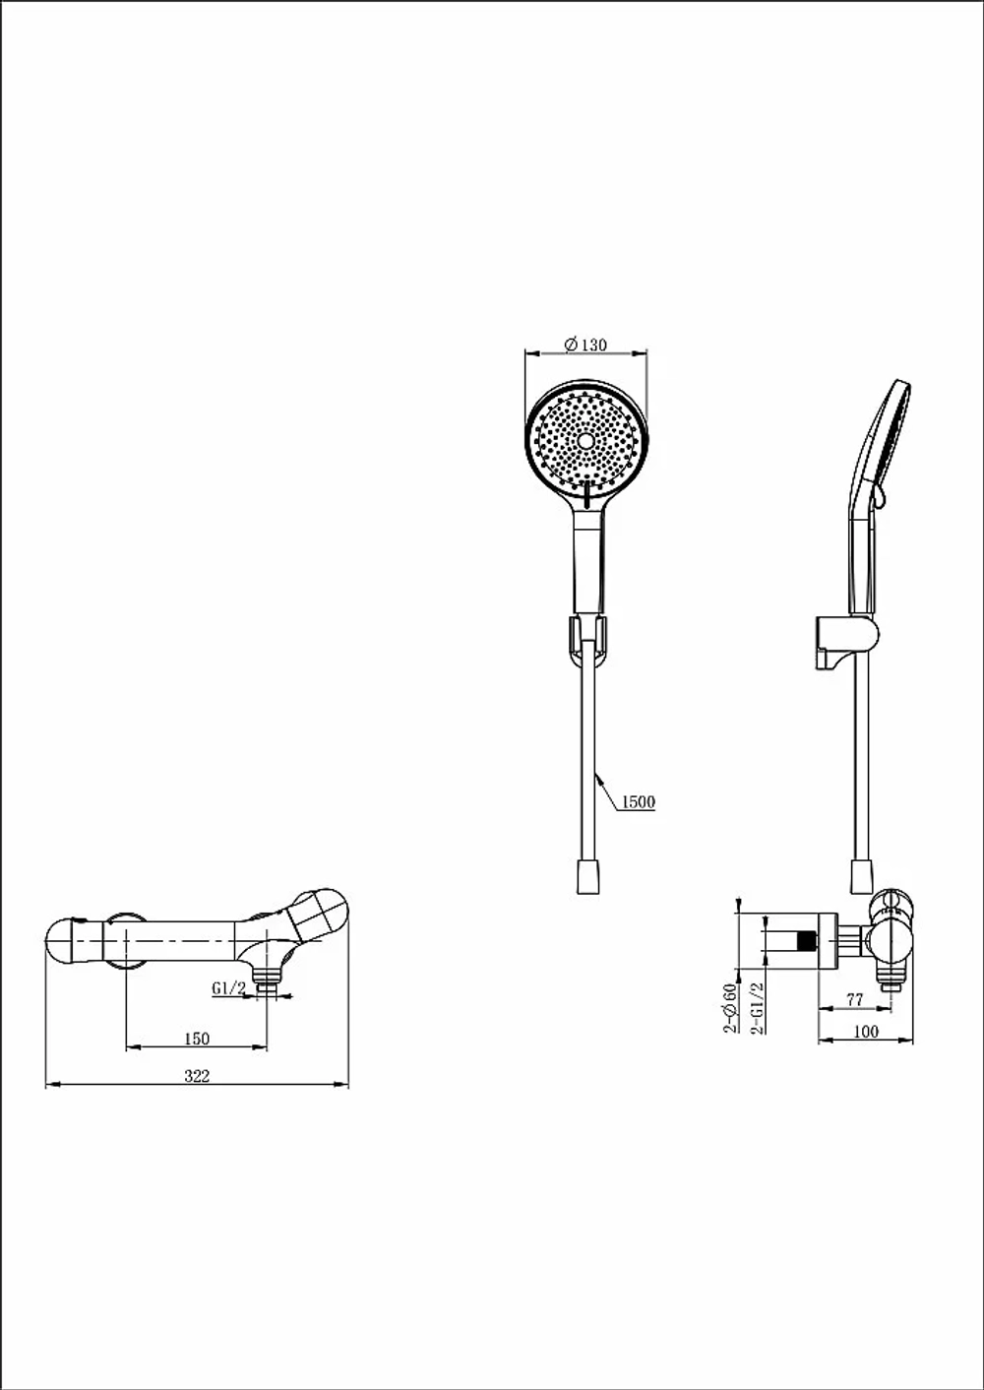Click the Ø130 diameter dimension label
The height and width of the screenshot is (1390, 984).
click(x=585, y=344)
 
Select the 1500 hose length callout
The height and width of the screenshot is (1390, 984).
click(x=639, y=802)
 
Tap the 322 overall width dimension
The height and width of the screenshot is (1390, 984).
click(x=197, y=1075)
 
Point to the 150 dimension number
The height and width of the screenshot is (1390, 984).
click(x=197, y=1039)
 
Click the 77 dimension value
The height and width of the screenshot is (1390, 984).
click(x=854, y=1000)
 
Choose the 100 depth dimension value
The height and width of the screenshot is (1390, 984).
click(x=866, y=1032)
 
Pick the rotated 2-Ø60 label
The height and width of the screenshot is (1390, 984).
click(x=730, y=1008)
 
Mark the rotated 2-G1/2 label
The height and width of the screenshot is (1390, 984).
click(x=758, y=1008)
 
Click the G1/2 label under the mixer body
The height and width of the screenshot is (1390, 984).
click(x=229, y=988)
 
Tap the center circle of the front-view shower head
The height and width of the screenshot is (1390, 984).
click(x=585, y=442)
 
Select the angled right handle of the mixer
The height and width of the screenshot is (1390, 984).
click(x=318, y=915)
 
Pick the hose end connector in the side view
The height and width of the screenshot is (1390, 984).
click(x=860, y=876)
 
